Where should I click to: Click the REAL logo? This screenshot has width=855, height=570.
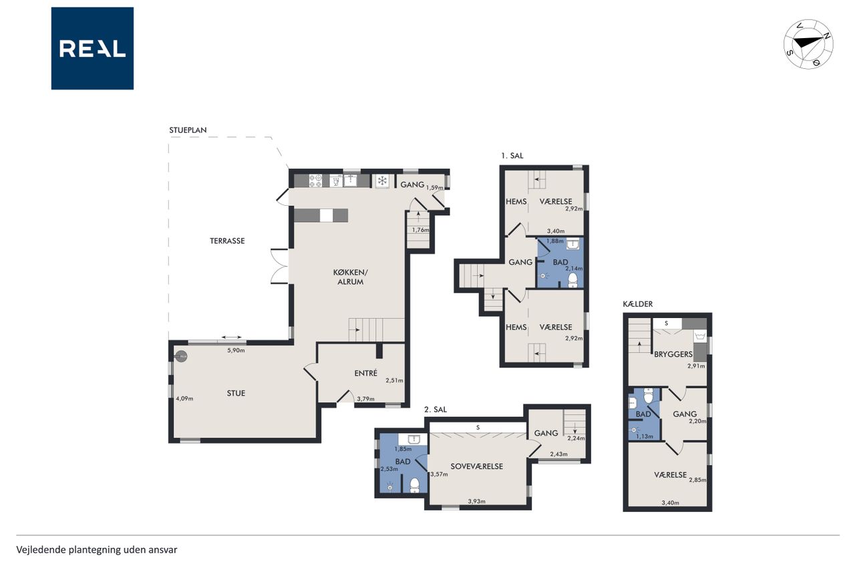click(92, 49)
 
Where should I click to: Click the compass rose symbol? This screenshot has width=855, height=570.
click(808, 44)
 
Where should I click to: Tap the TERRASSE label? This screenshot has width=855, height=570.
click(227, 241)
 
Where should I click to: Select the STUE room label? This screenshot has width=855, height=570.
click(236, 393)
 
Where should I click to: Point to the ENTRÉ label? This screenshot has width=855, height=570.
click(365, 373)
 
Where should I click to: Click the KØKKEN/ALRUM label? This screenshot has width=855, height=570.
click(351, 277)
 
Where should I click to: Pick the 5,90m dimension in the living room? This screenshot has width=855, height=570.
click(236, 350)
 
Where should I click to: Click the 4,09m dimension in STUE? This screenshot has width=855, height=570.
click(184, 398)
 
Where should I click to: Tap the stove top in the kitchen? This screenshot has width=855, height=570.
click(315, 180)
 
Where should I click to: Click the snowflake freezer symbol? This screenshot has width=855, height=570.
click(382, 180)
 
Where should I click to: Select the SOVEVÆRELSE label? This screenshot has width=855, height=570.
click(477, 466)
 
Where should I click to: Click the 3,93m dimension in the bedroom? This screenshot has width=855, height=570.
click(477, 501)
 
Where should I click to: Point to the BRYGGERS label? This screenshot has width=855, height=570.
click(673, 354)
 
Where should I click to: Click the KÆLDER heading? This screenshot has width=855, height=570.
click(638, 304)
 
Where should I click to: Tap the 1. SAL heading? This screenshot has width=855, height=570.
click(512, 156)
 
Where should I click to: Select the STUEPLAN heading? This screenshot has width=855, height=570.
click(188, 130)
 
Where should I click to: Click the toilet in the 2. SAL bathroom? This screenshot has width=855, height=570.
click(414, 485)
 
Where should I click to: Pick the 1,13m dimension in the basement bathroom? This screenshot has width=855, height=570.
click(645, 436)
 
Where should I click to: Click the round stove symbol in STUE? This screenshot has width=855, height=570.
click(182, 357)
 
